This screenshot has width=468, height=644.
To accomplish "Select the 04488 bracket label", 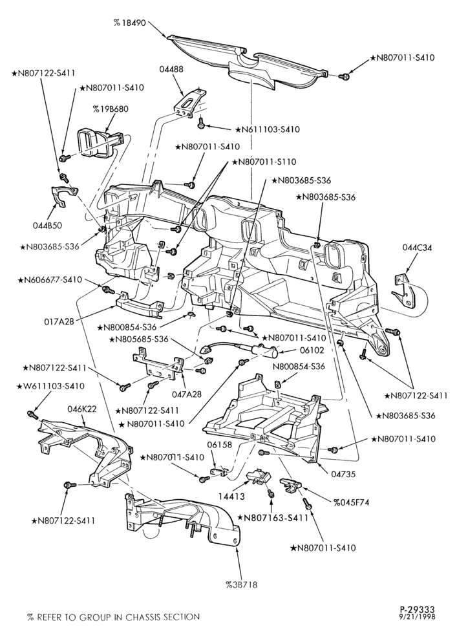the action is [171, 69].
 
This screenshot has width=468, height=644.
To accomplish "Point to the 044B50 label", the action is [47, 226].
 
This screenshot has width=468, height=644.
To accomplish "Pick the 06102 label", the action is [312, 350].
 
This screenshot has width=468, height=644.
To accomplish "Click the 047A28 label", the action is [187, 394].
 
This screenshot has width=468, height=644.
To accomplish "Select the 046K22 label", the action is [82, 409].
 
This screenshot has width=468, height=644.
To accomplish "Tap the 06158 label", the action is [219, 445].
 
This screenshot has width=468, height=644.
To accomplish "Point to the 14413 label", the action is [232, 497].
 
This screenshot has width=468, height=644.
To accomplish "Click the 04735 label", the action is [343, 474].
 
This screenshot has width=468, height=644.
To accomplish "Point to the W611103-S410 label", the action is [50, 386].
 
